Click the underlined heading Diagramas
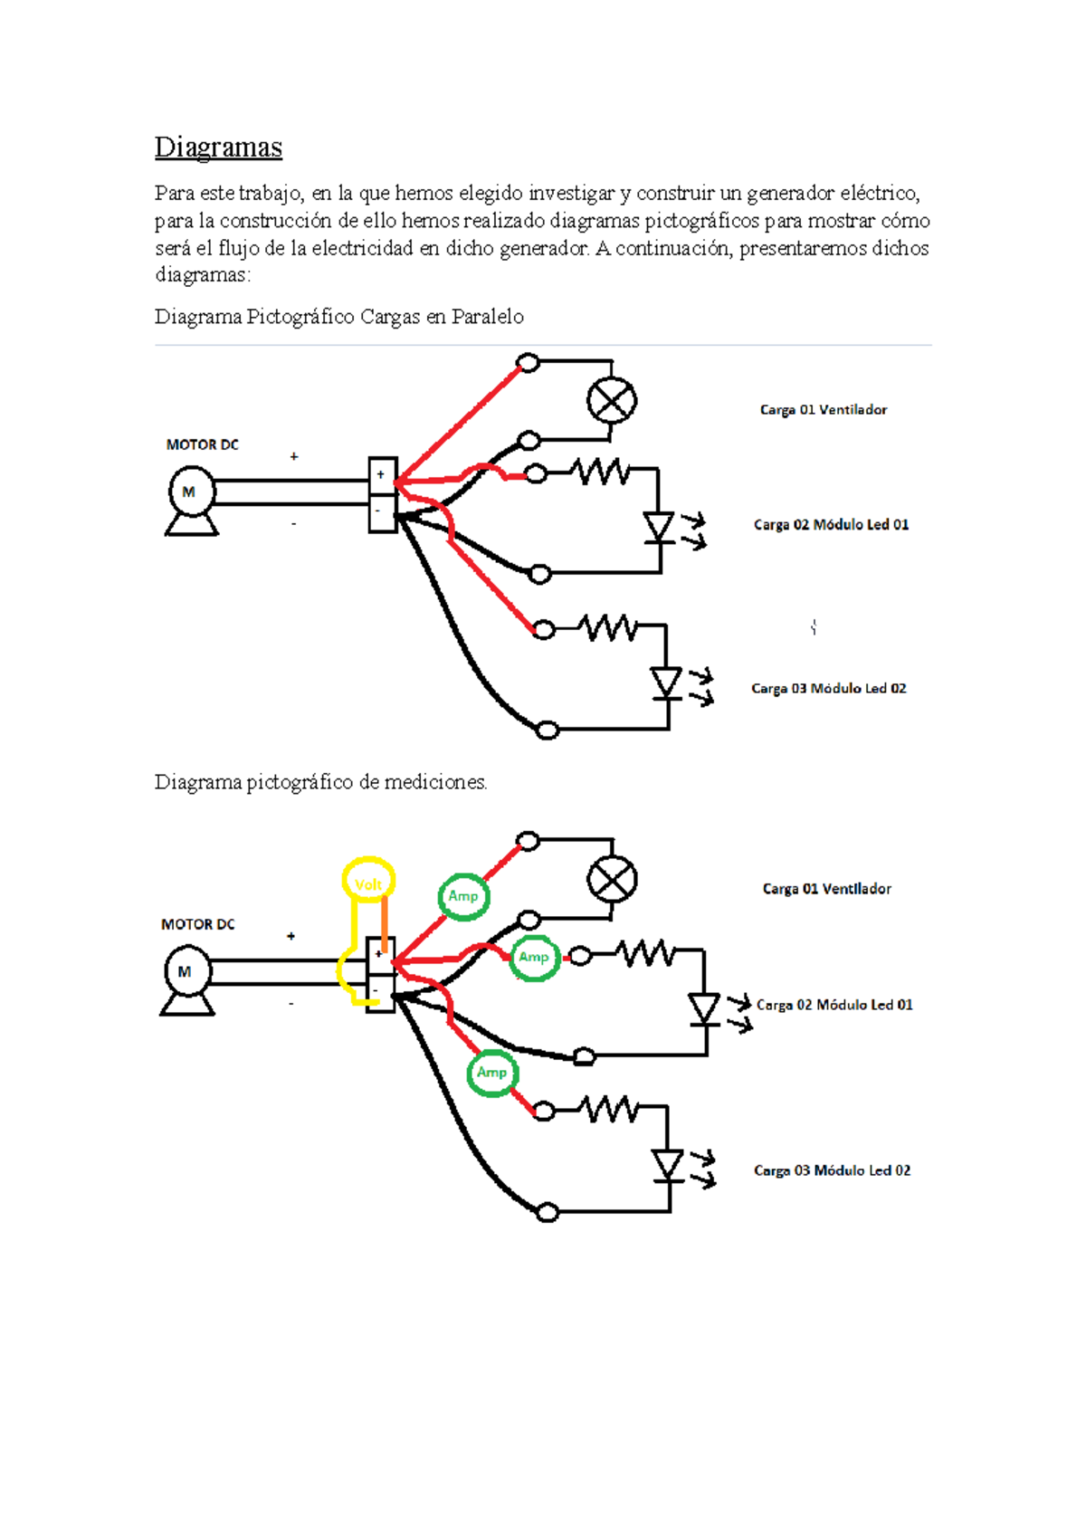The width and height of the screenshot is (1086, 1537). pos(218,147)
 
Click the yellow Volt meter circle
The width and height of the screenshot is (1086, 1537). pos(368,882)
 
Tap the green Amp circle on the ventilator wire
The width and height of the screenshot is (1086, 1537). pos(463,896)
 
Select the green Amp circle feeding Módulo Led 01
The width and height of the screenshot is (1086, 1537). pos(534,957)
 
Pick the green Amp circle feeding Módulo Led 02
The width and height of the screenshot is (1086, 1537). pos(491,1073)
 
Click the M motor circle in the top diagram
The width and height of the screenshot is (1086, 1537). pos(191,492)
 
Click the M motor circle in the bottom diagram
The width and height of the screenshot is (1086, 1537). pos(187,971)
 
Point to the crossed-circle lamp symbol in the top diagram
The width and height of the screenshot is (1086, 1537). pos(612,401)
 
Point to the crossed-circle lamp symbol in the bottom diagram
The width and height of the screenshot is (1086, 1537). pos(613,880)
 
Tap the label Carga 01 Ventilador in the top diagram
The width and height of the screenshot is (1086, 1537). pos(823,410)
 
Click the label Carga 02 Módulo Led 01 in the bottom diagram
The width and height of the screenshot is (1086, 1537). pos(834,1005)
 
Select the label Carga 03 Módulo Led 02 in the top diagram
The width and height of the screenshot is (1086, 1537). pos(828,689)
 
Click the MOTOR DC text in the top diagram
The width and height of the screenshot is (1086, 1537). pos(202,444)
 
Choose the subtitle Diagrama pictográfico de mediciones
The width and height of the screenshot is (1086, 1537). pos(320,782)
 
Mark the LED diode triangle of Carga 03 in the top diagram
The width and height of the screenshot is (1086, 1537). pos(666,682)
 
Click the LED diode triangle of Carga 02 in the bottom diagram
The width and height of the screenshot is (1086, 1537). pos(704,1008)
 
